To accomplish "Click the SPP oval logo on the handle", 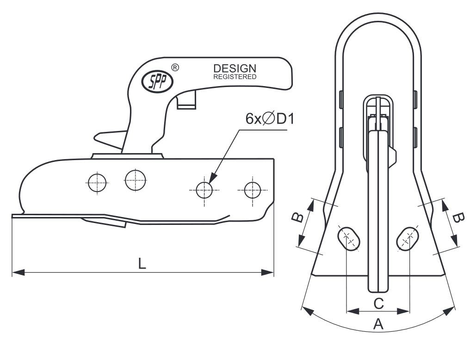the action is (x=157, y=81).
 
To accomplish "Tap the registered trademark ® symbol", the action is (x=175, y=67).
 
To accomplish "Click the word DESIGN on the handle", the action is (x=235, y=68).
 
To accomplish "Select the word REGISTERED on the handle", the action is (x=235, y=77).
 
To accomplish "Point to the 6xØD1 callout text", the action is (x=270, y=118).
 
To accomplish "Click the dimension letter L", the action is (x=142, y=263).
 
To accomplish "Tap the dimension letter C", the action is (x=378, y=303).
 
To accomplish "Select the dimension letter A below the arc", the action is (x=378, y=324).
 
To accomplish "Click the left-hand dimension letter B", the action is (x=297, y=217).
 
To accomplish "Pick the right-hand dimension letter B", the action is (x=458, y=218).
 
